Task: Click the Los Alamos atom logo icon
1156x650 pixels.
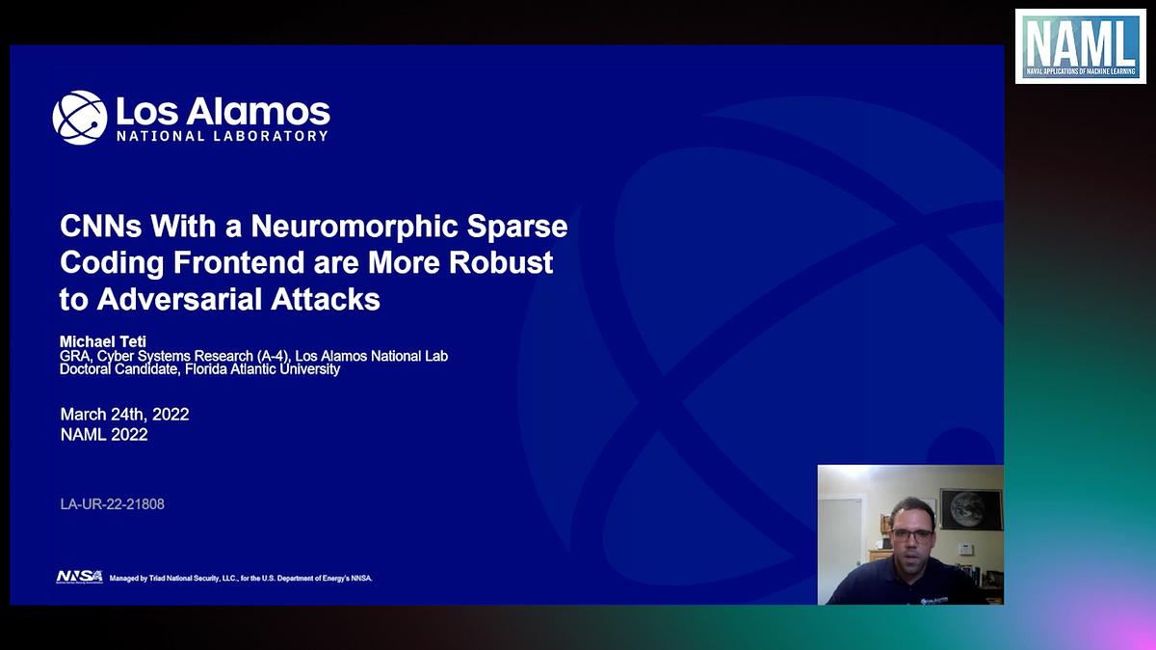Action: (x=79, y=118)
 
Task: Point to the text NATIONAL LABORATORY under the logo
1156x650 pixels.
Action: (x=223, y=136)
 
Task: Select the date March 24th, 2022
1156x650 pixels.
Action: (x=124, y=414)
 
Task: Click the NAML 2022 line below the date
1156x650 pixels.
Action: (x=104, y=435)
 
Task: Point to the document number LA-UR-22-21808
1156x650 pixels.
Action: (x=112, y=503)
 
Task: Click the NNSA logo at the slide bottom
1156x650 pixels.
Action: (x=79, y=577)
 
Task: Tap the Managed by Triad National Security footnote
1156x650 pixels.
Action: (x=241, y=578)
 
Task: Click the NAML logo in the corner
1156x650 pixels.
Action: (x=1079, y=46)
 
